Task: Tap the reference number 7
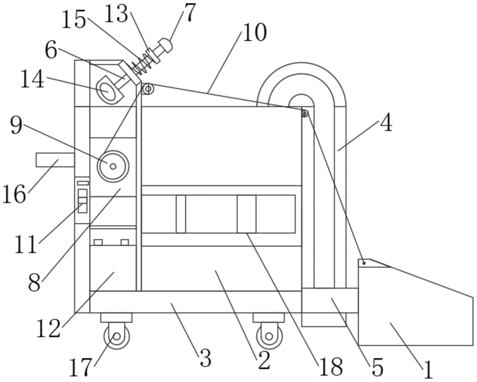(189, 12)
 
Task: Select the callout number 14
(33, 79)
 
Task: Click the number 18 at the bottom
(331, 367)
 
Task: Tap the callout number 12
(48, 329)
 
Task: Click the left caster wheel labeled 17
(116, 336)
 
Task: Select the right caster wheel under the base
(269, 336)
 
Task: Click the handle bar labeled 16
(55, 160)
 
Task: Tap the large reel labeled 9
(113, 166)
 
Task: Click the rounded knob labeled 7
(165, 45)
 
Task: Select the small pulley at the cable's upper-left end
(148, 89)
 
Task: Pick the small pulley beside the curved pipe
(305, 114)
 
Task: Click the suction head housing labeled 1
(415, 302)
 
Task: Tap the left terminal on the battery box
(98, 243)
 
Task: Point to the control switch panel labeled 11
(82, 200)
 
